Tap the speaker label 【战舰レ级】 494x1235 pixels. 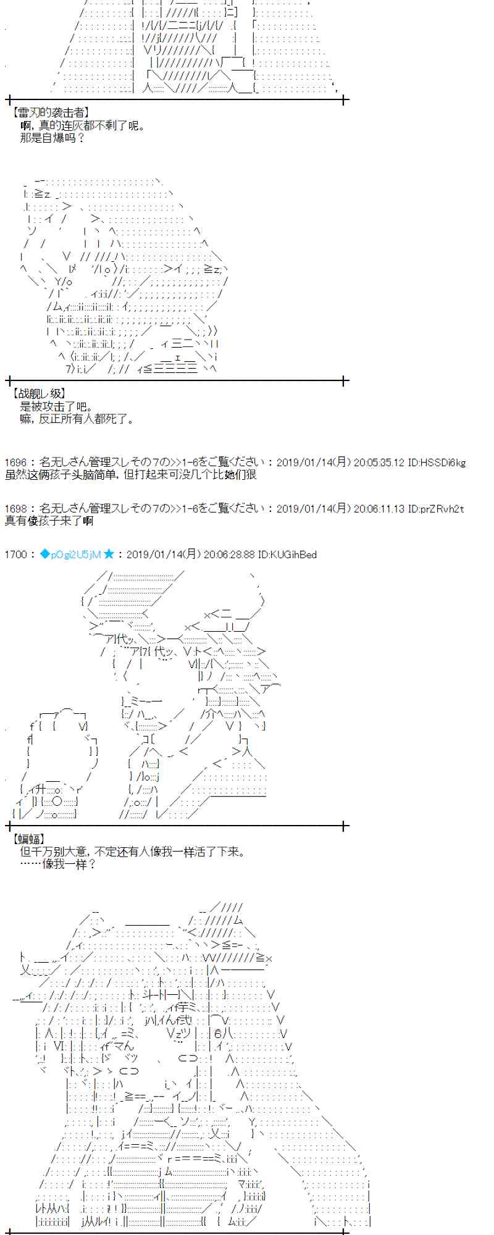click(x=38, y=393)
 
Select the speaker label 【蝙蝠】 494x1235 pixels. click(x=28, y=839)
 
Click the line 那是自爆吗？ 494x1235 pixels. click(x=52, y=138)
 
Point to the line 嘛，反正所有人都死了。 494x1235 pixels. click(x=77, y=419)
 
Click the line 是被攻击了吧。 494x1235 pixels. click(x=57, y=406)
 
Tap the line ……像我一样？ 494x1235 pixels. click(x=58, y=864)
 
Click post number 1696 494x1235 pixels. click(x=15, y=462)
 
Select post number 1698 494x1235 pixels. click(x=15, y=508)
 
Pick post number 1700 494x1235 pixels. click(x=15, y=555)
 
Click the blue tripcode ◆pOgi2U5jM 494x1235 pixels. click(x=70, y=555)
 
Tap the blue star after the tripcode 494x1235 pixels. click(x=109, y=555)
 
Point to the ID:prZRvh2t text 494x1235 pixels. click(x=435, y=508)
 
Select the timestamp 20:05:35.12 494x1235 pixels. click(x=379, y=462)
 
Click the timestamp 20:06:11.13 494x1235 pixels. click(x=379, y=508)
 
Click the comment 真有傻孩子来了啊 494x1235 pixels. click(x=49, y=521)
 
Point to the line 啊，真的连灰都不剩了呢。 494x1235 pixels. click(x=83, y=125)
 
